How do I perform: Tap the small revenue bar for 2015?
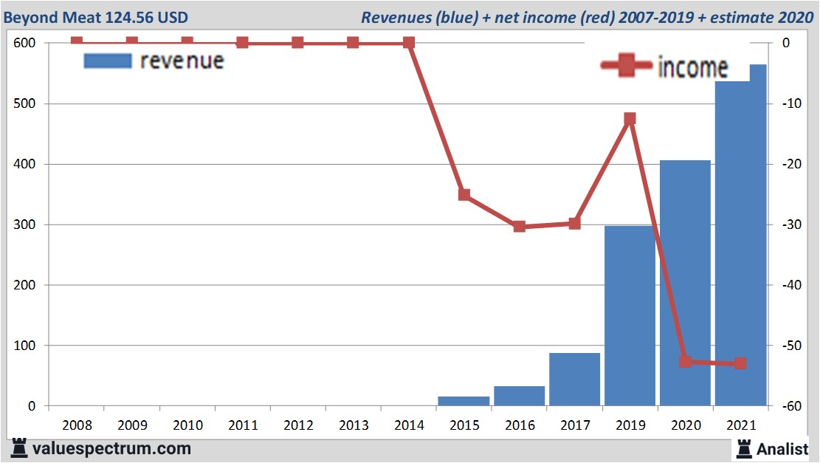pyautogui.click(x=464, y=401)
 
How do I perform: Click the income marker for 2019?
pyautogui.click(x=630, y=119)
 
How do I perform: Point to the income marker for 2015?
pyautogui.click(x=464, y=195)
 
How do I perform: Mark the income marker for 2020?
pyautogui.click(x=685, y=362)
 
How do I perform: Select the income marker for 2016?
pyautogui.click(x=520, y=226)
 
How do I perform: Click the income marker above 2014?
pyautogui.click(x=409, y=43)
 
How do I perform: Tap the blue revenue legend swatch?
pyautogui.click(x=108, y=61)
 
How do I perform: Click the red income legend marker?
pyautogui.click(x=627, y=66)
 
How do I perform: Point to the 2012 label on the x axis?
pyautogui.click(x=298, y=426)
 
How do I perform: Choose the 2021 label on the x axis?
pyautogui.click(x=740, y=426)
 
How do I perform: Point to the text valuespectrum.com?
pyautogui.click(x=111, y=448)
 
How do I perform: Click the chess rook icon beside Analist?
pyautogui.click(x=745, y=448)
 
